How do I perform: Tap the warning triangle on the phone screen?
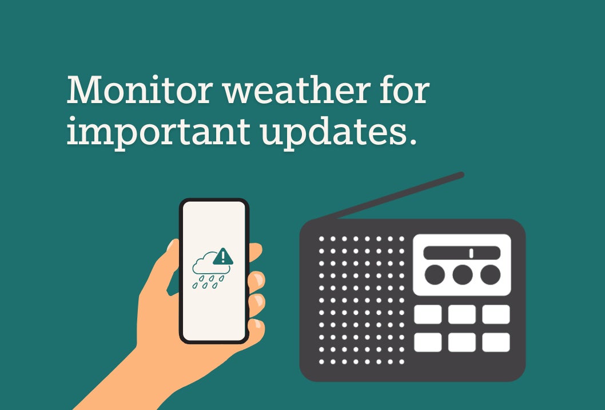(223, 257)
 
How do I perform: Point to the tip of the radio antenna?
(461, 175)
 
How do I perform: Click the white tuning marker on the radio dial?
(471, 253)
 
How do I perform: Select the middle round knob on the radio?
(462, 275)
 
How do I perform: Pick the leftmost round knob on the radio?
(435, 275)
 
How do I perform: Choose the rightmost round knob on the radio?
(490, 275)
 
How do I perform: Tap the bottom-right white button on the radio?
(496, 342)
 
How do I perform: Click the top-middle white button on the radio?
(461, 314)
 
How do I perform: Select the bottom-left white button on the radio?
(428, 342)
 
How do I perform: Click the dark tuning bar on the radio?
(452, 253)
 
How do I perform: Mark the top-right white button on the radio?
(496, 314)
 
